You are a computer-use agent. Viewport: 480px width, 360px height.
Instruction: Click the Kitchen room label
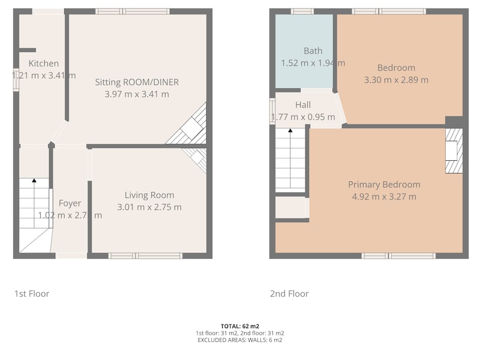44,64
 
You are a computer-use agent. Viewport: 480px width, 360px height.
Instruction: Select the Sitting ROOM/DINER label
137,82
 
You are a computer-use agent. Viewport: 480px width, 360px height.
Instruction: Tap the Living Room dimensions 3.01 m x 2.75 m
149,207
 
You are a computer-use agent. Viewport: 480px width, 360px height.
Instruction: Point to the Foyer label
70,203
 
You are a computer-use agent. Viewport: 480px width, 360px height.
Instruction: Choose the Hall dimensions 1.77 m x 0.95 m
303,117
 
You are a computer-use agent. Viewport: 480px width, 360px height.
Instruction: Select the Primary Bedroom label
384,184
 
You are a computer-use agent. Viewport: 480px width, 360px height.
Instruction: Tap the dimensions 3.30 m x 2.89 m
396,80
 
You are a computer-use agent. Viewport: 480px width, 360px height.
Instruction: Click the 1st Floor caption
32,294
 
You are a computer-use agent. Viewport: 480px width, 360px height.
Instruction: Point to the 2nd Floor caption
289,294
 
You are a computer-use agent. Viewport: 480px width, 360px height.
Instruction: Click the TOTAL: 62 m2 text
240,326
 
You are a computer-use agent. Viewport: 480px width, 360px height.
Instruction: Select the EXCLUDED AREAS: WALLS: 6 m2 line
240,340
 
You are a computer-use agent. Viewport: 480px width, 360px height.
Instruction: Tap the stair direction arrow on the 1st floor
34,180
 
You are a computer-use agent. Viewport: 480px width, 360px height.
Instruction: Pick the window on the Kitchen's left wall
16,82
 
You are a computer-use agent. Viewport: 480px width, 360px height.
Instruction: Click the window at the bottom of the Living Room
145,256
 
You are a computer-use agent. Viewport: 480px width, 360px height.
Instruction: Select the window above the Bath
302,11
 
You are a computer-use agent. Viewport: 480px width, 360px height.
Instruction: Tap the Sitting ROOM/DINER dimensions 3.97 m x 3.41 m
137,94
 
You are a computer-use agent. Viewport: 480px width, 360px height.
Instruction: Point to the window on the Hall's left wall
272,112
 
